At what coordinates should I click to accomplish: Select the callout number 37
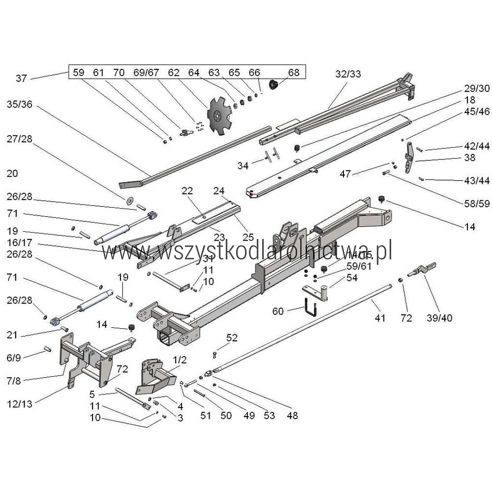[x=21, y=78]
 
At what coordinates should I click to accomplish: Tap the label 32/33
[x=348, y=74]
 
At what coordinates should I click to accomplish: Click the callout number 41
[x=380, y=318]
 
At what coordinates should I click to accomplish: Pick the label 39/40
[x=440, y=318]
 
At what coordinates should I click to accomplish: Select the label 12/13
[x=20, y=404]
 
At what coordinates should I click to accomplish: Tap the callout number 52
[x=232, y=338]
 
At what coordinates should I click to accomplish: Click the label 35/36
[x=20, y=104]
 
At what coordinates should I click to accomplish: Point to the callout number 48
[x=292, y=416]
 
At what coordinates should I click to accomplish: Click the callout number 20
[x=12, y=173]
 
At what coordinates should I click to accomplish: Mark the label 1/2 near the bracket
[x=180, y=360]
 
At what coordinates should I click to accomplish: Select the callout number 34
[x=243, y=166]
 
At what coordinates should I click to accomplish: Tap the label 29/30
[x=477, y=88]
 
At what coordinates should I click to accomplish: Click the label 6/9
[x=13, y=359]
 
